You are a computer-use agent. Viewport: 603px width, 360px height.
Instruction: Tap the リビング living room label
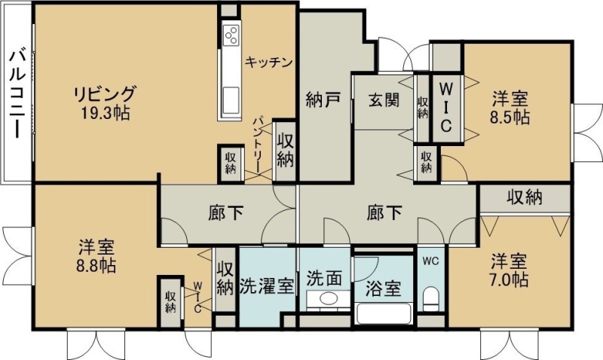[x=105, y=94]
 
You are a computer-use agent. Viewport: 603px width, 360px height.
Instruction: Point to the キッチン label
[x=269, y=62]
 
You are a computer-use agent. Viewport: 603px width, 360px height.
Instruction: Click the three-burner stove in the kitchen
[x=231, y=35]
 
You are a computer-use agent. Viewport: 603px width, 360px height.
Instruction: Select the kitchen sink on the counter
[x=231, y=101]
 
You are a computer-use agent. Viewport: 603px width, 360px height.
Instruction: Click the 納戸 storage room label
[x=323, y=100]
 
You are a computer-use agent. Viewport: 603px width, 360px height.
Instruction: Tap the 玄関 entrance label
[x=384, y=100]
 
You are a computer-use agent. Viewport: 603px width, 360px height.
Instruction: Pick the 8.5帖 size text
[x=510, y=117]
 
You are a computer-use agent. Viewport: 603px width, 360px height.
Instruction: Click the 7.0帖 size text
[x=508, y=279]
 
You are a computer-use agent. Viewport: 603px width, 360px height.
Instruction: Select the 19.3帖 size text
[x=105, y=112]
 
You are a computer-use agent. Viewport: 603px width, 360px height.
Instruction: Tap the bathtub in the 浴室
[x=384, y=314]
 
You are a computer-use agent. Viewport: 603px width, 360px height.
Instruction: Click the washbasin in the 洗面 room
[x=329, y=298]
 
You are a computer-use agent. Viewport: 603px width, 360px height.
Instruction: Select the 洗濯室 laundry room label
[x=267, y=286]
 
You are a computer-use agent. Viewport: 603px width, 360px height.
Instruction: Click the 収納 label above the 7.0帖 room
[x=524, y=197]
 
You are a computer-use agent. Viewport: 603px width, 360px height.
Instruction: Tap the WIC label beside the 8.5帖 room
[x=445, y=108]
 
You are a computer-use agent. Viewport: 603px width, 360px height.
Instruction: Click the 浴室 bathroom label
[x=383, y=288]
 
